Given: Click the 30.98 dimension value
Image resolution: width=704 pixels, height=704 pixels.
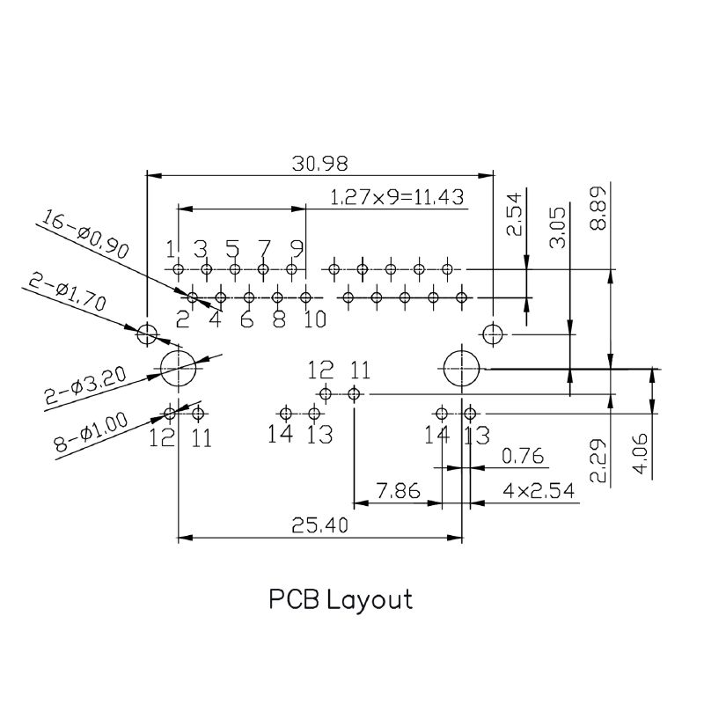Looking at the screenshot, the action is [319, 164].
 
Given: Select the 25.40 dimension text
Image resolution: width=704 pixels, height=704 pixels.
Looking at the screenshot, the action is [319, 525].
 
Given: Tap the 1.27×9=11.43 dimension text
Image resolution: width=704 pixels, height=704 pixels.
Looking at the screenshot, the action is [397, 197].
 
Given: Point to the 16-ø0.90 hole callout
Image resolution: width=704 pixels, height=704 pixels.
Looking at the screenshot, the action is [85, 233].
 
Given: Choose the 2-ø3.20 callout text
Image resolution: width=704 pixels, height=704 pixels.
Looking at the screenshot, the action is [85, 385].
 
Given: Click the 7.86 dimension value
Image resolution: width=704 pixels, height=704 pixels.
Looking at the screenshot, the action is [399, 491].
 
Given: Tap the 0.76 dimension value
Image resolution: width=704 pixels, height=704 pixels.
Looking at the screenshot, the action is [523, 456].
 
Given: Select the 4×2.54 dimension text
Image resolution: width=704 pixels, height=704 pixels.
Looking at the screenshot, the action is [539, 491].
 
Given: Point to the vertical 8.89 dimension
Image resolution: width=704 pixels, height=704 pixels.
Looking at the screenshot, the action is [598, 209].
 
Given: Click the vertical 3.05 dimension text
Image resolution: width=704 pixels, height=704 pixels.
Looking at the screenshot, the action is [558, 227].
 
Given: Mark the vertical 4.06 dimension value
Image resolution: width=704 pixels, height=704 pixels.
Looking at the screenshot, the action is [641, 453].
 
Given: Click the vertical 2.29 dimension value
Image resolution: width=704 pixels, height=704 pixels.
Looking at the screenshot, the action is [598, 461].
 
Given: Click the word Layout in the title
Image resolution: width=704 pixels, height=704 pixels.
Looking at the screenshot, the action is [370, 600].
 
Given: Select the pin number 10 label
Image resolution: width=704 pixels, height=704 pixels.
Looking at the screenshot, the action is [315, 319].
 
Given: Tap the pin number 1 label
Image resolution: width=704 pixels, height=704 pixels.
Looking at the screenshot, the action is [171, 249].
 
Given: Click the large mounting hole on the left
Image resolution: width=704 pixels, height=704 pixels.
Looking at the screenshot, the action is [179, 368].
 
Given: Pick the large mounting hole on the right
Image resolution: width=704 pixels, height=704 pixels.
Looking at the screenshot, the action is [461, 368].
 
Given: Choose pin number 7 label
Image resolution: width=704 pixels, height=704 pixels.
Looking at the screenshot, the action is [265, 249].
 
